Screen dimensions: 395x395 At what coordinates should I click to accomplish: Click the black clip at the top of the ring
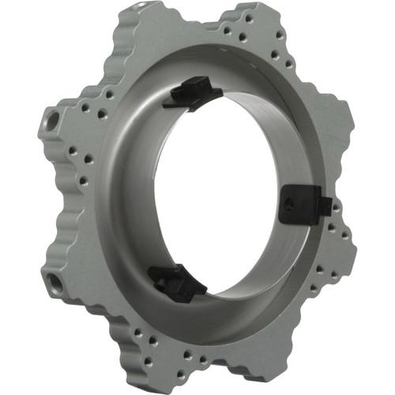pos(192,93)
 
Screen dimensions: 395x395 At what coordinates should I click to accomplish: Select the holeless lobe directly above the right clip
pos(332,130)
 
